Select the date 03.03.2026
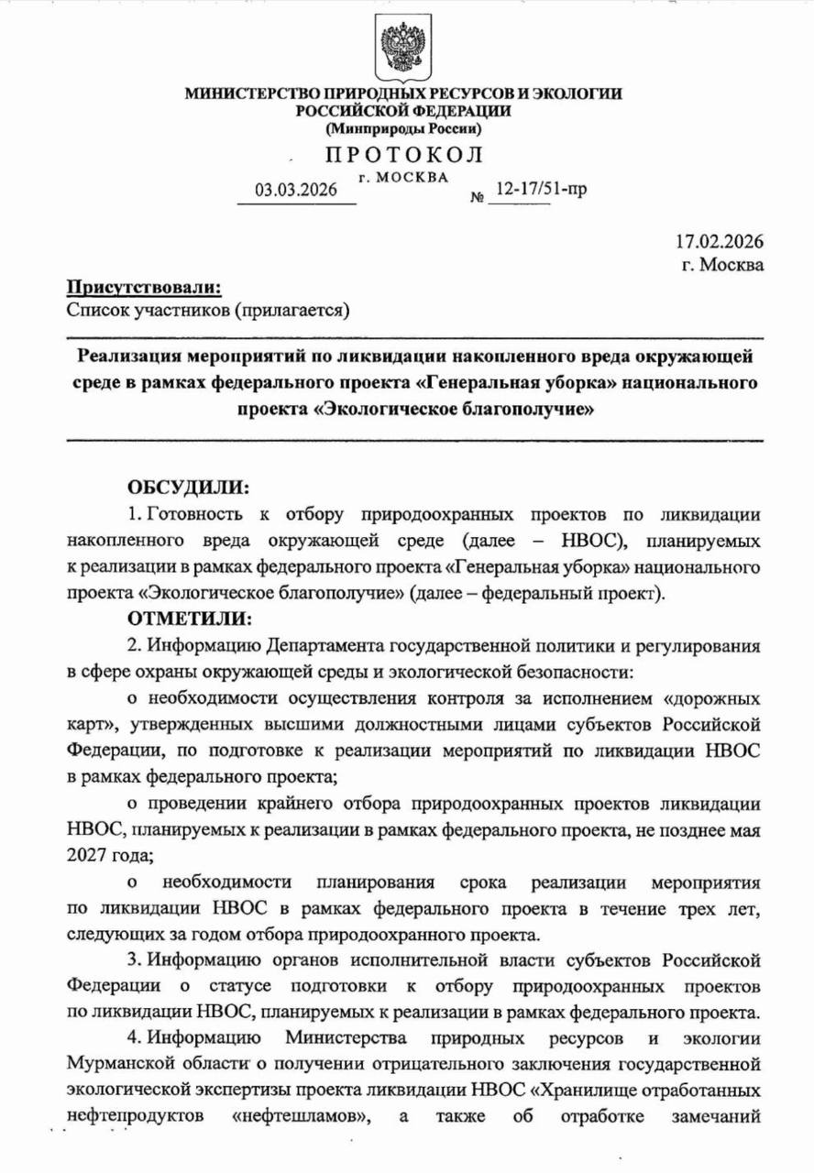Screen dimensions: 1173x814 296,191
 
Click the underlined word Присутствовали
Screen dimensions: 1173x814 144,288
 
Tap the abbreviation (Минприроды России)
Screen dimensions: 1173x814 404,128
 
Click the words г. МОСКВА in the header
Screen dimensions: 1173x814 404,176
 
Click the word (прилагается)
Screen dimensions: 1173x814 293,312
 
